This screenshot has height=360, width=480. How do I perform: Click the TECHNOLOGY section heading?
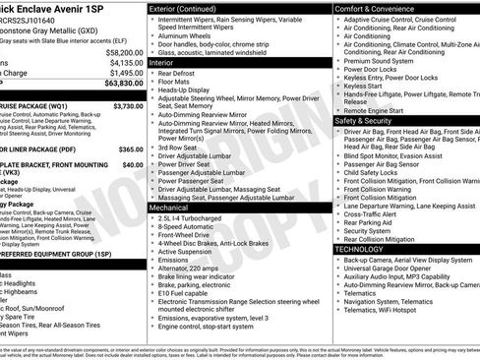click(x=366, y=249)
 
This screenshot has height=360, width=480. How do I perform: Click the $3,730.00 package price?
click(x=128, y=105)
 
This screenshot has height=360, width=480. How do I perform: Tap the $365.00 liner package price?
click(x=130, y=150)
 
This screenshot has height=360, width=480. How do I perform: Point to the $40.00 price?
click(x=133, y=165)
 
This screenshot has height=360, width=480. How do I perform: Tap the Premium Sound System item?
click(x=382, y=60)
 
